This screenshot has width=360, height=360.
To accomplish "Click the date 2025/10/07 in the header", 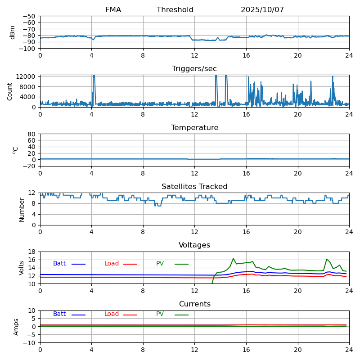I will tap(262, 10).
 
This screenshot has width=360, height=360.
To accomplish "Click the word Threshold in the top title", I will tap(175, 10).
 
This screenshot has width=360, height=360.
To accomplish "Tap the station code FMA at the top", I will tap(113, 10).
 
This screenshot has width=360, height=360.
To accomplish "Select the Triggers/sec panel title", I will tap(194, 69).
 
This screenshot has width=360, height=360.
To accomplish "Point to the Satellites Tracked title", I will tap(194, 187).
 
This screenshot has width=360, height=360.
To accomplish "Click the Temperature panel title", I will tap(194, 128).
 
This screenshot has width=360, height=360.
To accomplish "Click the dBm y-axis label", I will tap(13, 32).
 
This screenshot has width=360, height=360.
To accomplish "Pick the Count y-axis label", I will tap(10, 91).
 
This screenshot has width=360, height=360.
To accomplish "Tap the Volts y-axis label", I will tap(22, 268).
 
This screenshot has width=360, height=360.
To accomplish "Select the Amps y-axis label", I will tap(16, 327).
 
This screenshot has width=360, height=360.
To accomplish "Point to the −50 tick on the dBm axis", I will tap(30, 16).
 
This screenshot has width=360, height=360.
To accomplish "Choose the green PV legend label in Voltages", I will tap(160, 264).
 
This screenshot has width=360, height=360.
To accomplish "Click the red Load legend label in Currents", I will tap(112, 314).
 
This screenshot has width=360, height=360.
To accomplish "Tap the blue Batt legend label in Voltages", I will tap(59, 264).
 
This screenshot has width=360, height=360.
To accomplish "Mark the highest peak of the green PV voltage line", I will tap(233, 259).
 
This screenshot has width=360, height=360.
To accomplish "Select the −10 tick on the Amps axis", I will tap(30, 343).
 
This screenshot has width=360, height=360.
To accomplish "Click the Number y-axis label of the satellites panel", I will tap(22, 209).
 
